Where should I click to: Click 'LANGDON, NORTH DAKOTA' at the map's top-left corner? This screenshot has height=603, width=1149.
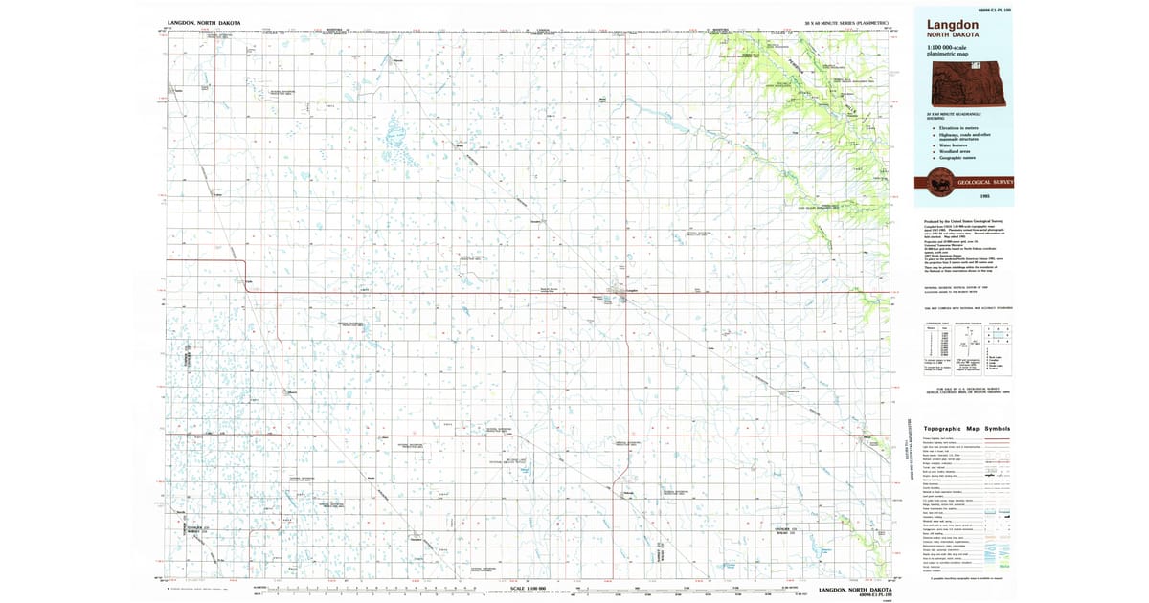pyautogui.click(x=203, y=21)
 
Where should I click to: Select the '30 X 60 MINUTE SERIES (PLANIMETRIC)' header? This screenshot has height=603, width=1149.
pyautogui.click(x=845, y=21)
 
